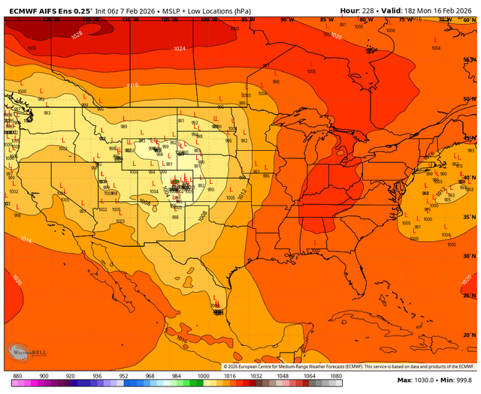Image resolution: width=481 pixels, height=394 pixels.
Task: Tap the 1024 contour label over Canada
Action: [179, 49]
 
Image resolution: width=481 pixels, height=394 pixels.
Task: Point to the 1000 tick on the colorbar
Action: [203, 375]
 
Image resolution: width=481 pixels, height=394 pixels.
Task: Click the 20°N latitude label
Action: [470, 334]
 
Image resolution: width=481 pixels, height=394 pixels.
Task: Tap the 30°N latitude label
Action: [470, 257]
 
